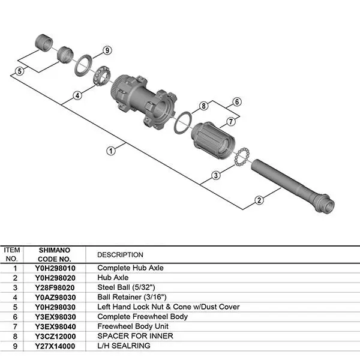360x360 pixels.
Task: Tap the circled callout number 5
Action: pos(19,71)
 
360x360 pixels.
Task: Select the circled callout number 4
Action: pos(77,95)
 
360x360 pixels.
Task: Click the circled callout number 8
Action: pos(203,106)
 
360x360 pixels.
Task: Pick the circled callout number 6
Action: pos(236,102)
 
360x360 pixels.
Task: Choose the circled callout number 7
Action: pos(231,121)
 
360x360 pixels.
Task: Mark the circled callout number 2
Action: pos(259,200)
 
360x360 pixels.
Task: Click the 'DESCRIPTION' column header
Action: pos(120,254)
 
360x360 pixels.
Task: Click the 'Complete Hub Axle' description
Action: pos(130,268)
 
